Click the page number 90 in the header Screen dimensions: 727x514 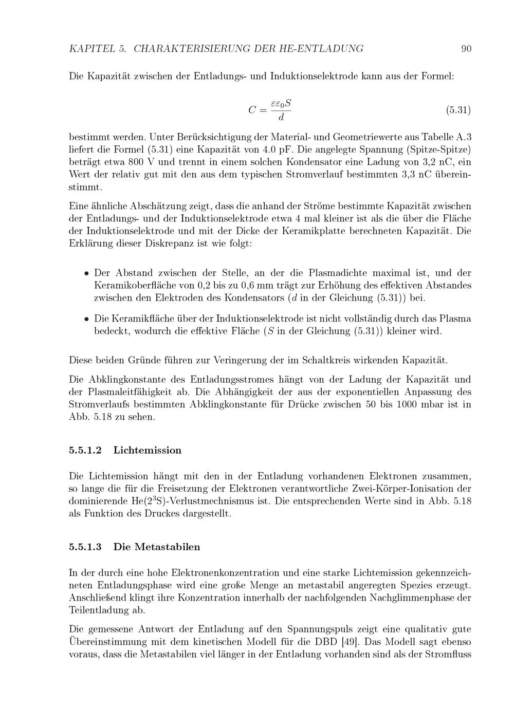[466, 49]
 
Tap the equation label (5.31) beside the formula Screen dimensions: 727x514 [458, 110]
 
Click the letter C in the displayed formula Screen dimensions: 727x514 [252, 110]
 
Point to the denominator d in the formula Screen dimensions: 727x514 [281, 118]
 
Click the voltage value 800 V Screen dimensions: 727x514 [112, 162]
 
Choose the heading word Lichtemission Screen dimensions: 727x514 [148, 451]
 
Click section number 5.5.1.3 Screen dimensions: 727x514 [85, 547]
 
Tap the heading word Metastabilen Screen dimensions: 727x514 [167, 547]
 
